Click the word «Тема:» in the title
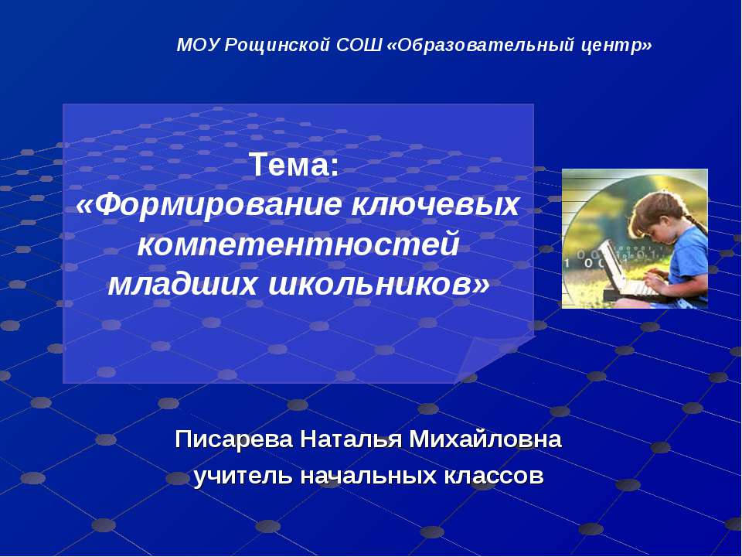click(294, 165)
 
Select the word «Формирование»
click(209, 205)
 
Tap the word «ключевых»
click(435, 204)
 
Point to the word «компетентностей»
click(298, 244)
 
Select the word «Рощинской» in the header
click(277, 46)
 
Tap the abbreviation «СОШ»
click(359, 46)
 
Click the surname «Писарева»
click(233, 439)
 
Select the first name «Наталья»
click(351, 439)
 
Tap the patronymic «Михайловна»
click(485, 439)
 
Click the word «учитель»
click(243, 476)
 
